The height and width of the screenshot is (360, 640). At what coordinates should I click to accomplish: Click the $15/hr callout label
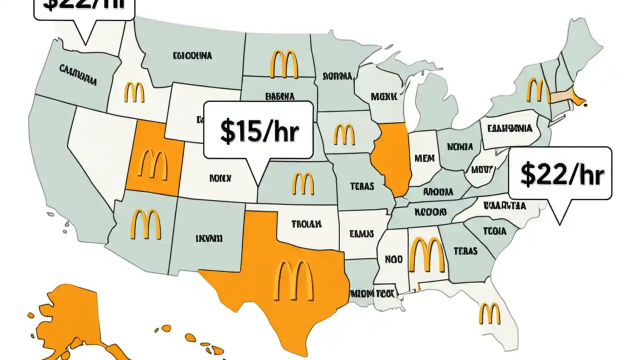pos(258,130)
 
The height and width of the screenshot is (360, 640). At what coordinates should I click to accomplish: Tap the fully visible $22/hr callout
pos(560,174)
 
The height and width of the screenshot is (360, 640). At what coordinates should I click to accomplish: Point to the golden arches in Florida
pos(489,313)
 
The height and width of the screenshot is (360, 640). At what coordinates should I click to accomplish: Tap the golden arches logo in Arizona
pos(145,223)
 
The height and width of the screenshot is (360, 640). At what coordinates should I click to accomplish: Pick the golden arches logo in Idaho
pos(134,93)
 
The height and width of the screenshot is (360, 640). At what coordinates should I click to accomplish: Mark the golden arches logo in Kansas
pos(302,183)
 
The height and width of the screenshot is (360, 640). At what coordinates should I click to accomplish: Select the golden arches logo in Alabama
pos(426,254)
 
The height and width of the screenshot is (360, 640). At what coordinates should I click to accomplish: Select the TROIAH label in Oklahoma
pos(306,224)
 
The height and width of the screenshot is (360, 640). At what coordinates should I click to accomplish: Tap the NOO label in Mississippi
pos(393,259)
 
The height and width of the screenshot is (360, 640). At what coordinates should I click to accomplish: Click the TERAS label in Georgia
pos(465,251)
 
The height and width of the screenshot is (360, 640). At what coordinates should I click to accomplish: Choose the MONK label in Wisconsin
pos(383,95)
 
